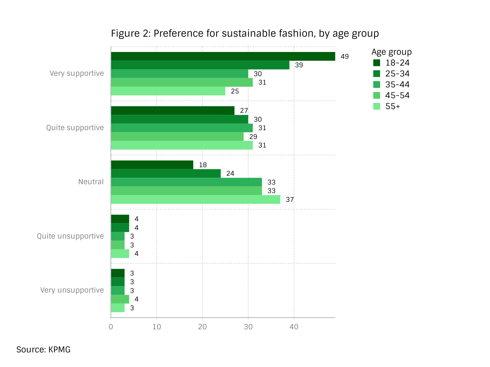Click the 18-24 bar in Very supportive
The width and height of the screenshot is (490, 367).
point(223,56)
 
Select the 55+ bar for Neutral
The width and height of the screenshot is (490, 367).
point(196,199)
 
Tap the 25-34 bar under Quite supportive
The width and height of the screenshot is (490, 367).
point(179,119)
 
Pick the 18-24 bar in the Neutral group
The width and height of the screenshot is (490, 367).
point(152,165)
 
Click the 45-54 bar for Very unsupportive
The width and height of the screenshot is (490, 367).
point(120,299)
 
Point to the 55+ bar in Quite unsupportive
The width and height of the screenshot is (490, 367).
point(120,254)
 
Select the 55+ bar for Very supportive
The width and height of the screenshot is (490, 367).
point(168,91)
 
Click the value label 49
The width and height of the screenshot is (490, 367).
point(344,57)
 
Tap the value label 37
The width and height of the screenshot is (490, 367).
point(290,199)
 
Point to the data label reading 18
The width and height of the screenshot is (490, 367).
point(203,165)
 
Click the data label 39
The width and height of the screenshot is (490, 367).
point(299,65)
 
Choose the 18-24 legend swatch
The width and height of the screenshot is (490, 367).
point(377,63)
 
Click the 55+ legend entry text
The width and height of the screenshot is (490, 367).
point(392,106)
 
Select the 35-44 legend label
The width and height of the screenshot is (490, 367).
point(397,85)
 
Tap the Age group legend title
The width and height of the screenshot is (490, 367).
point(392,52)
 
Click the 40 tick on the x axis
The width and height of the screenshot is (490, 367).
point(294,327)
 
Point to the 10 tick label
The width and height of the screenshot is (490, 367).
point(157,327)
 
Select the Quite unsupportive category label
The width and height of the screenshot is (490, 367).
point(70,236)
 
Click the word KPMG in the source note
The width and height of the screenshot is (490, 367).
point(60,350)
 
